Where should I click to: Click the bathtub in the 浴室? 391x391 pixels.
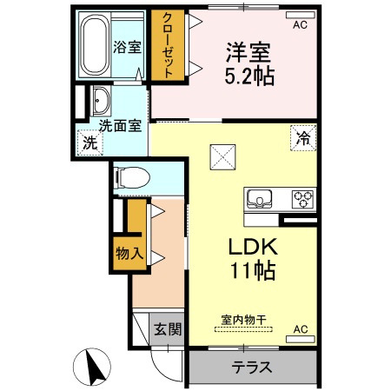93,45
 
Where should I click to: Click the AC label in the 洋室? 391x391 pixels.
299,25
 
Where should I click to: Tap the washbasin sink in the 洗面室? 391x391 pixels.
99,101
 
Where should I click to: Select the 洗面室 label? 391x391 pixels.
119,125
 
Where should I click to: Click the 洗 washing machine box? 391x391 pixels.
89,143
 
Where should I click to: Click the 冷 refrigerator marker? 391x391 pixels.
303,137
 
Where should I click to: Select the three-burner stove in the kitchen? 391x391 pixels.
302,197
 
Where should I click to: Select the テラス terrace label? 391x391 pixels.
252,366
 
